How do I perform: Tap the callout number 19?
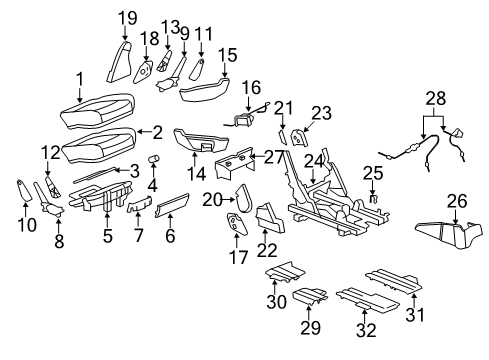[x=127, y=17]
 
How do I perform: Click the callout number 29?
[x=307, y=328]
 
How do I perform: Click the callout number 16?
[x=251, y=87]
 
